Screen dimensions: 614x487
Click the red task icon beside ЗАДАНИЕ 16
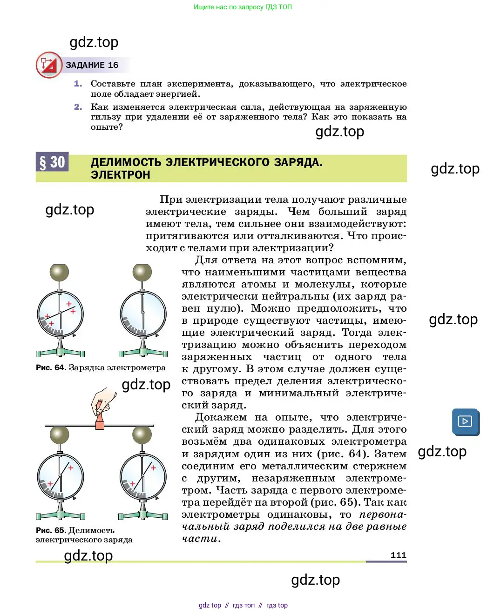pos(49,65)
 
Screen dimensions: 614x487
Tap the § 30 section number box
pos(52,162)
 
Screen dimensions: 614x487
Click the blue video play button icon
pos(465,421)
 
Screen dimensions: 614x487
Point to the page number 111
pos(398,555)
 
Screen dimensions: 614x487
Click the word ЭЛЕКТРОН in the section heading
pos(121,175)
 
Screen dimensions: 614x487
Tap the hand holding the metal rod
pos(103,401)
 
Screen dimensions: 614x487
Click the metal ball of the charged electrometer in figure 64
pos(59,273)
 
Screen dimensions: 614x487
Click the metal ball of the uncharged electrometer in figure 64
pos(142,273)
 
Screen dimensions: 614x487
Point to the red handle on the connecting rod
pos(100,424)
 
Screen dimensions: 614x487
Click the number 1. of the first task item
pos(78,84)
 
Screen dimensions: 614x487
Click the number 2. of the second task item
pos(78,107)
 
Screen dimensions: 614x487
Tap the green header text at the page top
pos(243,7)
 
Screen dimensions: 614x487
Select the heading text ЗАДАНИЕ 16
pos(92,65)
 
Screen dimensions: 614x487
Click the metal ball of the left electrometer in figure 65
pos(59,435)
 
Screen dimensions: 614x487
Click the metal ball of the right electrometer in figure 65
pos(142,435)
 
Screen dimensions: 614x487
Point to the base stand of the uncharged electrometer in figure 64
pos(143,352)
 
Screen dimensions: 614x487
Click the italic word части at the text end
pos(199,539)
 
